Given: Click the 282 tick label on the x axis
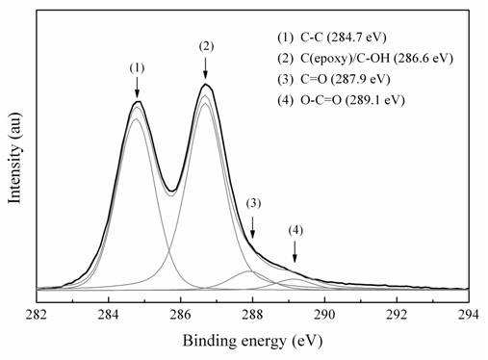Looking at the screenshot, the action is tap(37, 315).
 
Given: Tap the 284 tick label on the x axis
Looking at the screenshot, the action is tap(109, 315).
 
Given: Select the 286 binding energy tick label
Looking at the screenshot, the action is tap(181, 315).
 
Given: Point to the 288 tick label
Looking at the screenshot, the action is tap(252, 315).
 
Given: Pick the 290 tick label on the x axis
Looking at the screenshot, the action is tap(324, 315).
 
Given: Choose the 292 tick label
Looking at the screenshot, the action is tap(397, 315).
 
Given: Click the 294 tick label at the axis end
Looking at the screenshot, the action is tap(469, 315).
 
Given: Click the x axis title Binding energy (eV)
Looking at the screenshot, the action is tap(252, 341).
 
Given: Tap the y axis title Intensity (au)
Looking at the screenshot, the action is tap(15, 158).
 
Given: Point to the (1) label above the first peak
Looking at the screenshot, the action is tap(137, 68).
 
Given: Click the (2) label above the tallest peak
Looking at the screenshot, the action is tap(206, 46).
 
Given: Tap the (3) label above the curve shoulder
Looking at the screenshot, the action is tap(253, 203).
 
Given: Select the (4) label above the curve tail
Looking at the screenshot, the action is tap(295, 230).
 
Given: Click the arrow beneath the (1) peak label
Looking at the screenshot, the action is tap(138, 88).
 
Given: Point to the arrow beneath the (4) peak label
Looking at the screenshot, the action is tap(295, 252).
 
